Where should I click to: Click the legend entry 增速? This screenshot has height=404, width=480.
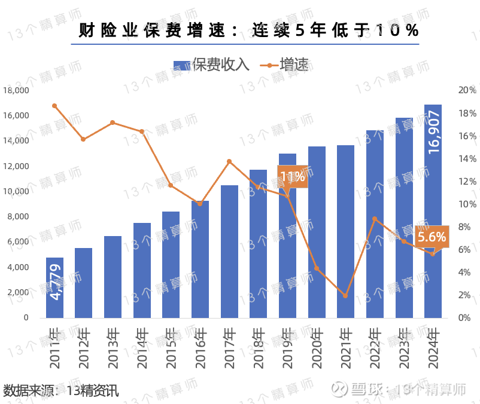[285, 65]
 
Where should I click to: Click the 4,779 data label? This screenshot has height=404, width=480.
[56, 285]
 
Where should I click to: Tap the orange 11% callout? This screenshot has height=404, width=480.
[292, 176]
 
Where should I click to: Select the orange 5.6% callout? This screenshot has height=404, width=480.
[432, 237]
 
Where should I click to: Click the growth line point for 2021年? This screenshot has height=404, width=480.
[345, 296]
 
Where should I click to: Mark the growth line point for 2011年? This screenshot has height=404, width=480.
[54, 106]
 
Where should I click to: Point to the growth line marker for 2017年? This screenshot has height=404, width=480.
[229, 161]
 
